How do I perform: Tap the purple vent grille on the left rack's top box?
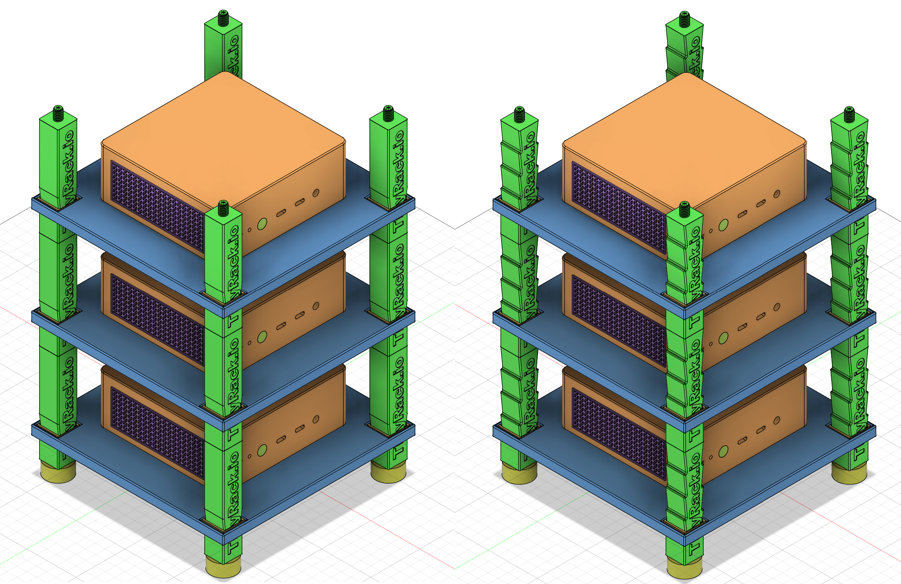157,206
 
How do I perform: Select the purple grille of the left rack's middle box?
157,320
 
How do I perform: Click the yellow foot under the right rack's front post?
685,570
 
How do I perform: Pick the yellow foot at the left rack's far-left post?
58,473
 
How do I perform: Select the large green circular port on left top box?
262,224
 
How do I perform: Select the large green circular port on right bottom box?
723,451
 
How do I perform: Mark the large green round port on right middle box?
723,338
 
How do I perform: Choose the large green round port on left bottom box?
262,450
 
